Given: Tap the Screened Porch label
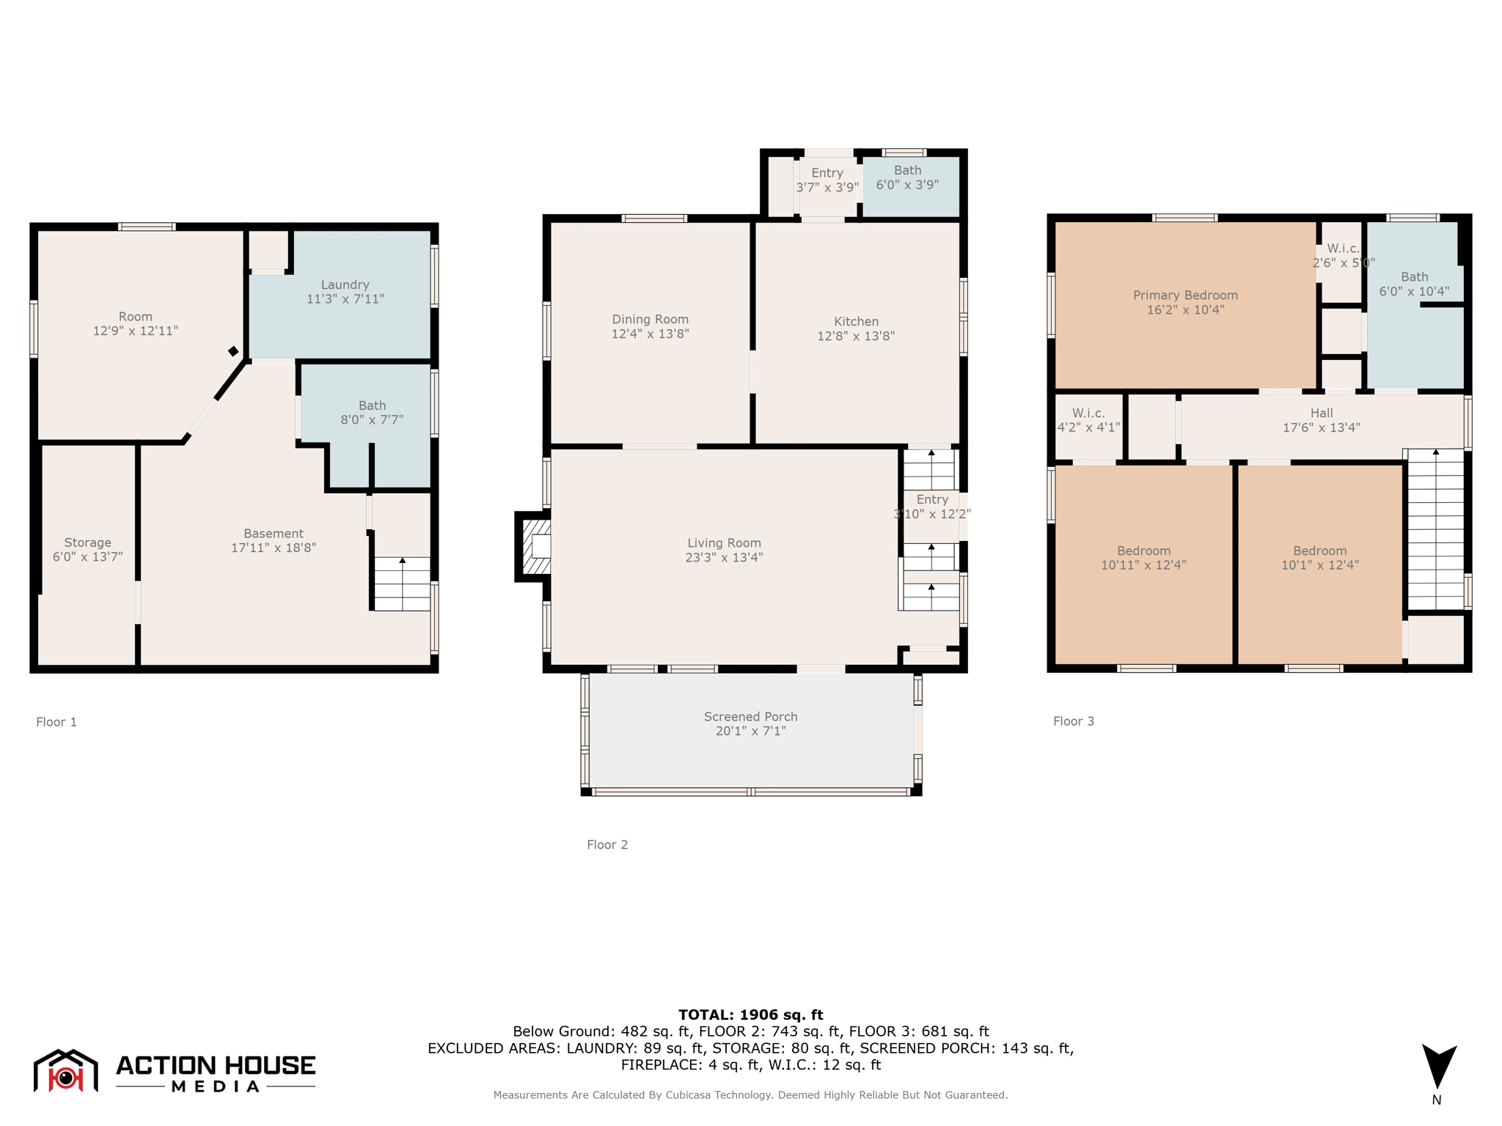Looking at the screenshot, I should (x=750, y=716).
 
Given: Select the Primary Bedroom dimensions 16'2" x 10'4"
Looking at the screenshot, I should (x=1184, y=309).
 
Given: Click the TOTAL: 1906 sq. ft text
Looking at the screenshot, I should (x=750, y=1015).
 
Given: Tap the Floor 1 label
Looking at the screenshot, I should (x=56, y=722).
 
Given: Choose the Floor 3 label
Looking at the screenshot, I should (x=1073, y=721).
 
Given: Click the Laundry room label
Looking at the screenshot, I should (x=345, y=284).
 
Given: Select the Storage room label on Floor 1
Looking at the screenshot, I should (x=87, y=542).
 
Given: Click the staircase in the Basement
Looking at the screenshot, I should (x=402, y=584).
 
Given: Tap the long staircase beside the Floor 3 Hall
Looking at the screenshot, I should (x=1435, y=529).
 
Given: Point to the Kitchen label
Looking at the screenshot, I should (x=856, y=321).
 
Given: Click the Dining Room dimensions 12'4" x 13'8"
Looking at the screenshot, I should (x=650, y=334).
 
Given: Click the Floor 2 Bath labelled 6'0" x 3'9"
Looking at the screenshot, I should (x=907, y=177).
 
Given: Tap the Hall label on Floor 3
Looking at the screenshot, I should (x=1321, y=413).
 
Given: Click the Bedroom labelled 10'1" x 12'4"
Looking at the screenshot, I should (x=1319, y=558).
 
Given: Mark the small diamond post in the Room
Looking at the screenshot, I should (x=233, y=351).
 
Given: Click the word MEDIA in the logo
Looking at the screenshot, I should (x=216, y=1086).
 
